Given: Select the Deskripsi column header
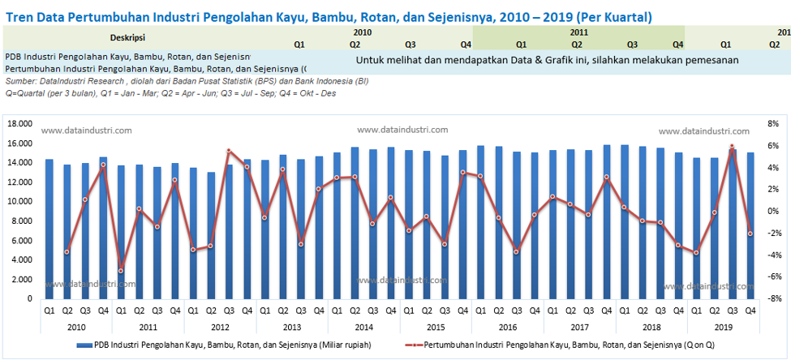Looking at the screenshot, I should coord(127,37).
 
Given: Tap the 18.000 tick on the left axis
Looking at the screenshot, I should coord(19,124).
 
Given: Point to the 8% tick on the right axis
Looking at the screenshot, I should coord(772,124).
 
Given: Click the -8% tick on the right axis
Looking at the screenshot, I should coord(772,299).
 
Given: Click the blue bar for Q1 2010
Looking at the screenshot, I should coord(49,229).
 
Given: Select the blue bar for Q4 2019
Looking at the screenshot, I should coord(750,225).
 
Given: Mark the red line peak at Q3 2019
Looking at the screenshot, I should coord(732,147).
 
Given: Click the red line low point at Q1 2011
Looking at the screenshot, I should coord(121,271).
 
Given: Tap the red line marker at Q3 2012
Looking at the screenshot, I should coord(229,151).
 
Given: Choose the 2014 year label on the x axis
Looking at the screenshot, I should coord(363,326).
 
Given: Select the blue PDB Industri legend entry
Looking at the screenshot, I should coord(227,345).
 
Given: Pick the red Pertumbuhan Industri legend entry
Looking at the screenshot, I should coord(558,345).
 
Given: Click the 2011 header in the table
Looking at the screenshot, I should coord(578,32).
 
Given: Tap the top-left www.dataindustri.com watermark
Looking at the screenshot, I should coord(86,130).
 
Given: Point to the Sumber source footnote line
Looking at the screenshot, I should coord(187,82).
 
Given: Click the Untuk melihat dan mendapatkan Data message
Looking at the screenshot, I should coord(547,60).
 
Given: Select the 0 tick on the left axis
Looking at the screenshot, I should coord(29,299).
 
